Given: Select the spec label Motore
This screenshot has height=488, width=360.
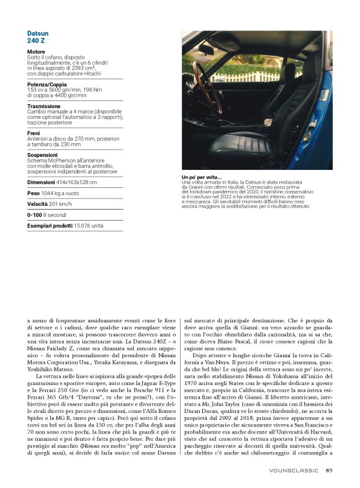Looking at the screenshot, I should tap(36, 51).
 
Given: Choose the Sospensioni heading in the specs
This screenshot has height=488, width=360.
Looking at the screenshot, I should tap(42, 154).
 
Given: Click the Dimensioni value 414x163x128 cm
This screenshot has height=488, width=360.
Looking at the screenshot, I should tap(76, 182).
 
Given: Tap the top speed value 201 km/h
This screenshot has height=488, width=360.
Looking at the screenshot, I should tap(62, 204).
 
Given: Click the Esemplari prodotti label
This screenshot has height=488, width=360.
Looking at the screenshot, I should tap(49, 226).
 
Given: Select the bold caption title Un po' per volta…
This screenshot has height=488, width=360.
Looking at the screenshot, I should tap(197, 178).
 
